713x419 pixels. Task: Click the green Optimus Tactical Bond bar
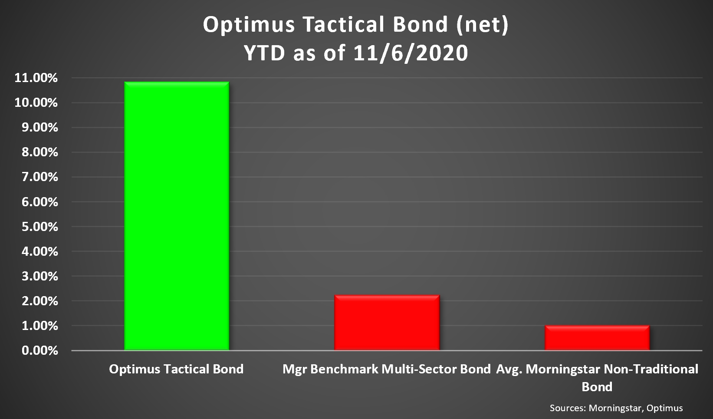pos(177,216)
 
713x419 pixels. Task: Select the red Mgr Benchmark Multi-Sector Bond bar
pos(387,323)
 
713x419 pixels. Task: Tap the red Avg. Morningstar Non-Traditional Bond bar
pos(597,337)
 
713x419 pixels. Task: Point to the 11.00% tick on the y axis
pos(36,78)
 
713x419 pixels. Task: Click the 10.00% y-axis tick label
pos(36,103)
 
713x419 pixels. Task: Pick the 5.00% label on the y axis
pos(40,227)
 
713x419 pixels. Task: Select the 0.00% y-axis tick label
pos(40,350)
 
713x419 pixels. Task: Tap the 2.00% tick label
pos(40,301)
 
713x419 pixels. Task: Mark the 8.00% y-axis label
pos(40,152)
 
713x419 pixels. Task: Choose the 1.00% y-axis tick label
pos(40,326)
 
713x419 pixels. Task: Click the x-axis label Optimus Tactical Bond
pos(176,370)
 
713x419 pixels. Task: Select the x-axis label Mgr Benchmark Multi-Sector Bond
pos(386,370)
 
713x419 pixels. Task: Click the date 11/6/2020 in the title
pos(411,53)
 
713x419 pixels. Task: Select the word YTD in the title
pos(265,53)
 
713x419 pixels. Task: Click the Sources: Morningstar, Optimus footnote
pos(616,408)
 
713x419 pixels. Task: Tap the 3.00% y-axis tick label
pos(40,276)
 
